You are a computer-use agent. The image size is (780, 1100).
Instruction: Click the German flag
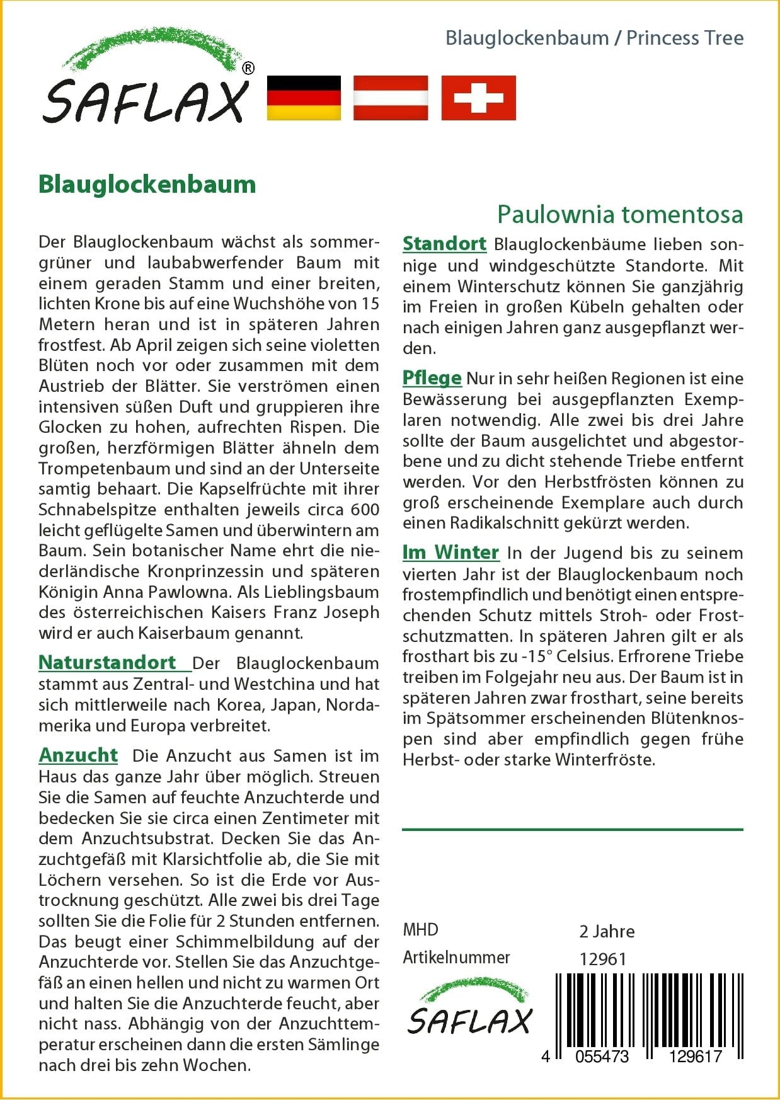click(x=304, y=98)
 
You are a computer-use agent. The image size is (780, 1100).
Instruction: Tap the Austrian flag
click(x=391, y=98)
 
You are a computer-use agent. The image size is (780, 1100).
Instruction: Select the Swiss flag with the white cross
click(x=478, y=98)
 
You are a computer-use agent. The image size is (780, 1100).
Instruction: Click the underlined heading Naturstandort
click(x=107, y=663)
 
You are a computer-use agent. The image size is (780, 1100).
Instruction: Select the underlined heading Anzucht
click(x=78, y=755)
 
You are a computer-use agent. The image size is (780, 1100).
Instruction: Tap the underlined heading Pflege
click(x=432, y=378)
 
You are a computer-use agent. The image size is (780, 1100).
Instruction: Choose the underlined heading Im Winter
click(x=450, y=553)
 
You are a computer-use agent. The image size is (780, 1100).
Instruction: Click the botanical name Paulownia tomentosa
click(x=620, y=214)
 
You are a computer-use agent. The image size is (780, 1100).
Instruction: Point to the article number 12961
click(x=603, y=959)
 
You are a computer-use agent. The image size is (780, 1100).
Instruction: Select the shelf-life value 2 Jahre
click(x=607, y=931)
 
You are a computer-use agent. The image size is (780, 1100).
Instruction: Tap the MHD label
click(x=420, y=930)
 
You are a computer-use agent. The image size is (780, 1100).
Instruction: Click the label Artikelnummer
click(x=456, y=958)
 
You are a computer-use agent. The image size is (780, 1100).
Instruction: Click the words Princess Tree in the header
click(x=685, y=38)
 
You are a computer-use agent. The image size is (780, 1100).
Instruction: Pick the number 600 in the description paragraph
click(x=365, y=510)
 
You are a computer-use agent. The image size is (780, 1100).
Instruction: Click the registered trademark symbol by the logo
click(x=248, y=69)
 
